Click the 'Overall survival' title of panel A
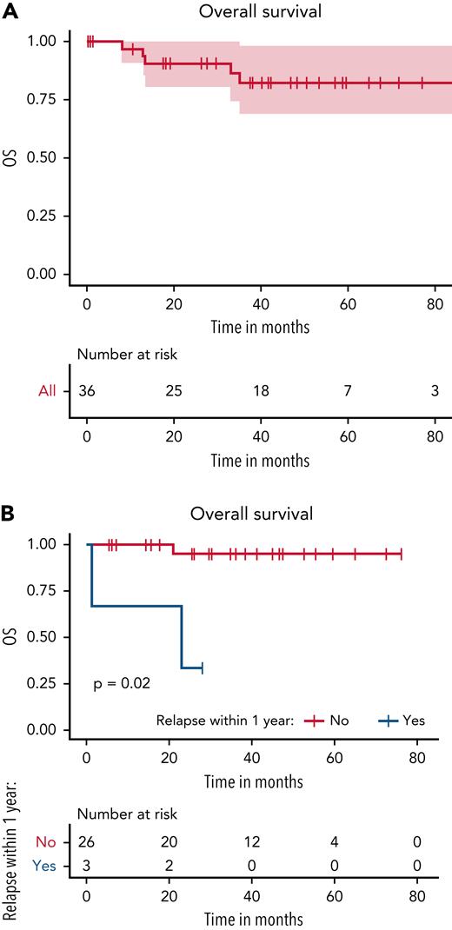tap(261, 11)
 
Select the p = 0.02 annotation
tap(122, 684)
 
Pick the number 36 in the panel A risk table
tap(87, 391)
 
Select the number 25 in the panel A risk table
tap(174, 391)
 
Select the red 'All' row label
tap(46, 391)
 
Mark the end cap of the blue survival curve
tap(202, 668)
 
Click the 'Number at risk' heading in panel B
tap(127, 814)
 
